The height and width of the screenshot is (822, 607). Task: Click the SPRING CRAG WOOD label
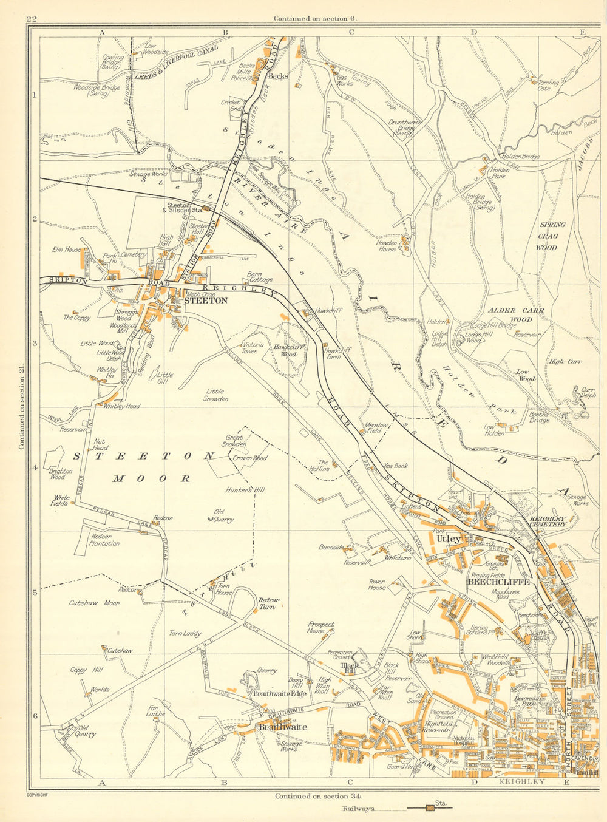point(552,236)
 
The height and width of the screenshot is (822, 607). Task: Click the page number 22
point(32,19)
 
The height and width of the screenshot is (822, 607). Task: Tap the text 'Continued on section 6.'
point(316,19)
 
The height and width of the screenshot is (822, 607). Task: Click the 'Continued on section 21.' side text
point(22,408)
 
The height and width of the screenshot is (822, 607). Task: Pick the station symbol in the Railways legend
point(430,808)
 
